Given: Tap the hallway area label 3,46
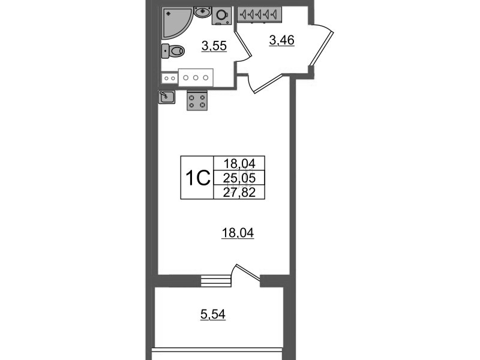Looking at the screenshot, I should [x=281, y=41].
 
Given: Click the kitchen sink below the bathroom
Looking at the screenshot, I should [x=167, y=97].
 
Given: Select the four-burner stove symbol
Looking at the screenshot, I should [x=197, y=101].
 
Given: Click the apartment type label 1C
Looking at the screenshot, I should [x=196, y=178].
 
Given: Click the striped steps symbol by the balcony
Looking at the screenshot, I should [x=216, y=281].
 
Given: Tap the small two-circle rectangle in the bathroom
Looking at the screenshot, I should [x=169, y=77].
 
